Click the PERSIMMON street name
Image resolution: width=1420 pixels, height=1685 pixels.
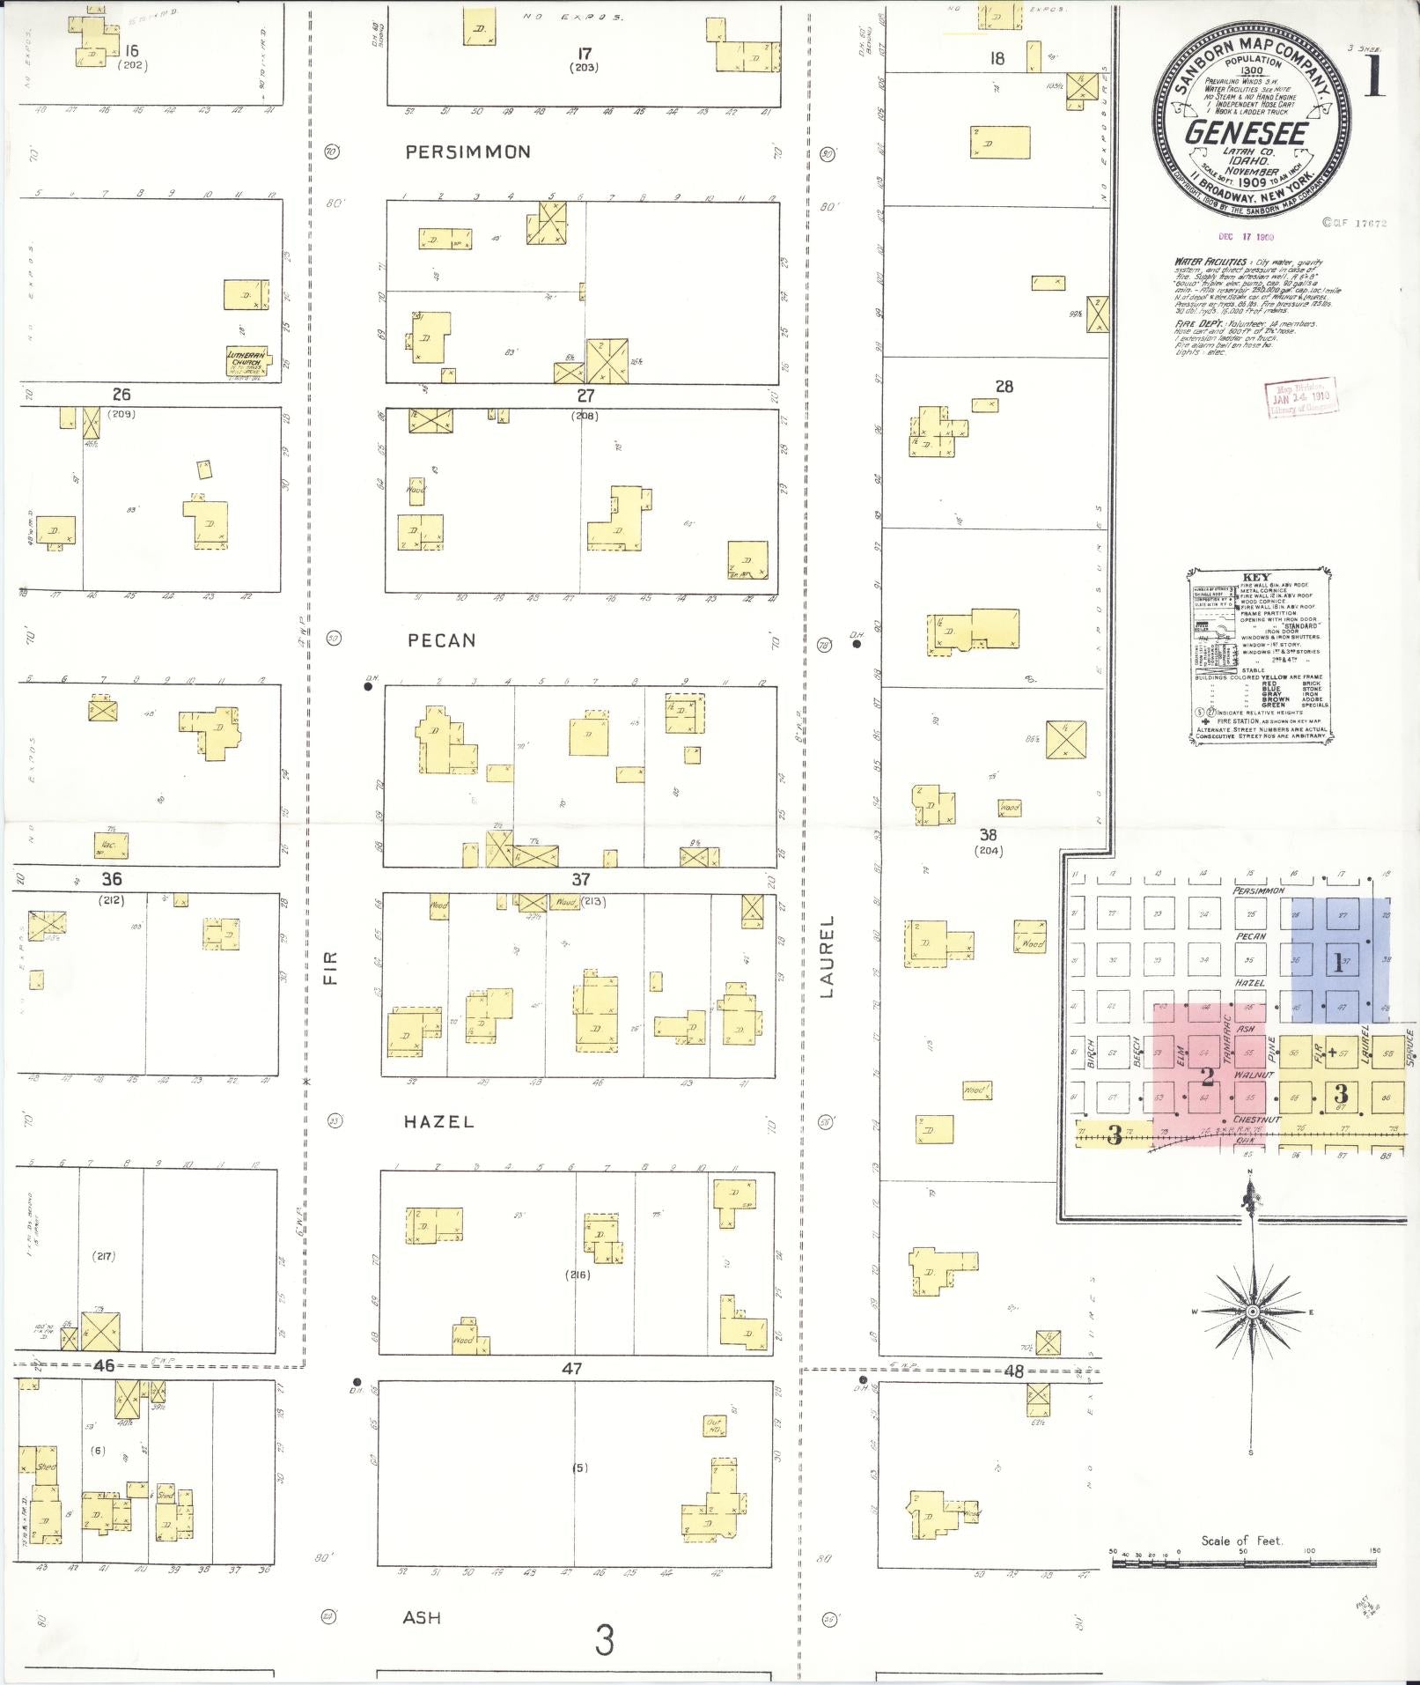[467, 152]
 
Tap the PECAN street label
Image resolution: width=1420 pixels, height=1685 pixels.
[441, 640]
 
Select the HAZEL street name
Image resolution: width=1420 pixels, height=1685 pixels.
[438, 1121]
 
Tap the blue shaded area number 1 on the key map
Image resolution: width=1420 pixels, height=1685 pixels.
[1338, 962]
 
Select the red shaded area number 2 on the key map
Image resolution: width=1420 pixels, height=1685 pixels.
[1208, 1076]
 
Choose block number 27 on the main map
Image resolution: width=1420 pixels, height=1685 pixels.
[585, 395]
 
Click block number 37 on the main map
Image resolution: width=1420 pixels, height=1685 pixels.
[580, 879]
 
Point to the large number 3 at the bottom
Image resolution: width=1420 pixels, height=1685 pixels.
[603, 1640]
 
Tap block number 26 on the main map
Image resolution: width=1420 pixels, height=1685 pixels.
[121, 394]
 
